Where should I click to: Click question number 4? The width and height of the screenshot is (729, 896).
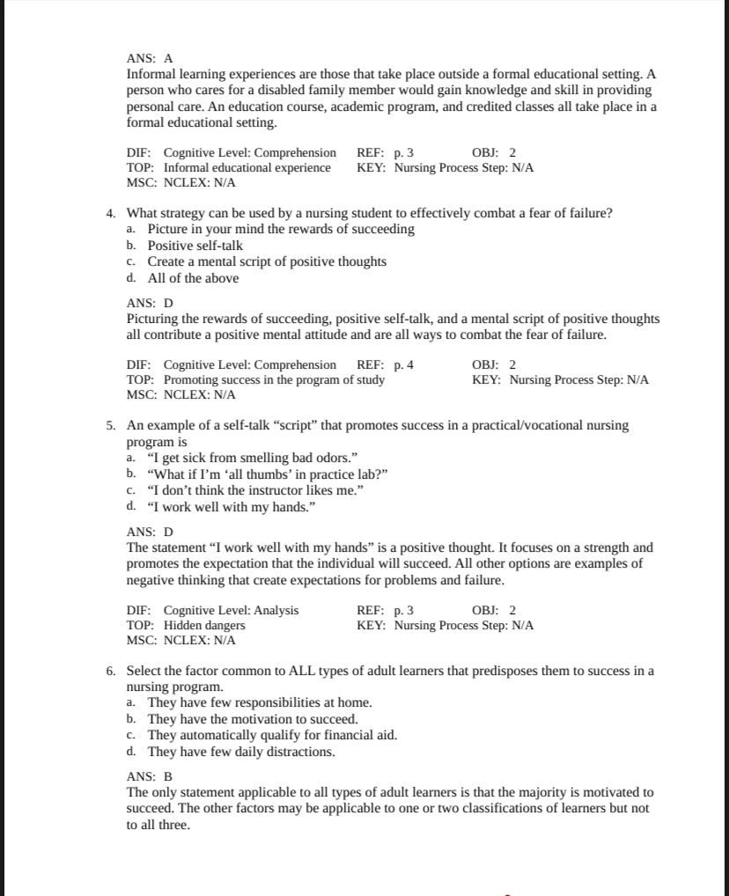pyautogui.click(x=111, y=213)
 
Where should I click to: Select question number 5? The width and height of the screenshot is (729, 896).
pyautogui.click(x=111, y=425)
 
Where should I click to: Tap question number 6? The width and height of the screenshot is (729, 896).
pyautogui.click(x=111, y=671)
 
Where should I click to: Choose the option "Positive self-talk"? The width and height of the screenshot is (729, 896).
pyautogui.click(x=195, y=246)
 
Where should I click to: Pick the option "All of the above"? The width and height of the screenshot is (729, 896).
pyautogui.click(x=193, y=278)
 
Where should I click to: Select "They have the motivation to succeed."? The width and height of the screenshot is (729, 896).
pyautogui.click(x=253, y=719)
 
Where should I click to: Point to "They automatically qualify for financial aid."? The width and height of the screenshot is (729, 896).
pyautogui.click(x=272, y=735)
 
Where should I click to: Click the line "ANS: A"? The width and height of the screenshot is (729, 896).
pyautogui.click(x=151, y=58)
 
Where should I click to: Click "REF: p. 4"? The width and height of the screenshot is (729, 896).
pyautogui.click(x=385, y=364)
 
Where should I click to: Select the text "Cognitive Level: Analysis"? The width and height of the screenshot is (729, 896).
pyautogui.click(x=231, y=610)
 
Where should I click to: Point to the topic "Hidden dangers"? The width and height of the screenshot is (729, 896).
pyautogui.click(x=204, y=625)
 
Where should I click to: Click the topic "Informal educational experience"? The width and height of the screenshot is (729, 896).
pyautogui.click(x=247, y=167)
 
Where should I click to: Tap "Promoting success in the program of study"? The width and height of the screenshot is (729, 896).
pyautogui.click(x=274, y=380)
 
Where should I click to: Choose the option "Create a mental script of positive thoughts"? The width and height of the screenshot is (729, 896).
pyautogui.click(x=267, y=261)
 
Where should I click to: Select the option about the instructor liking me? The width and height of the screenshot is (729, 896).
pyautogui.click(x=243, y=490)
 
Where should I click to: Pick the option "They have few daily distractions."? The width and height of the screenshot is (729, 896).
pyautogui.click(x=240, y=752)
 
